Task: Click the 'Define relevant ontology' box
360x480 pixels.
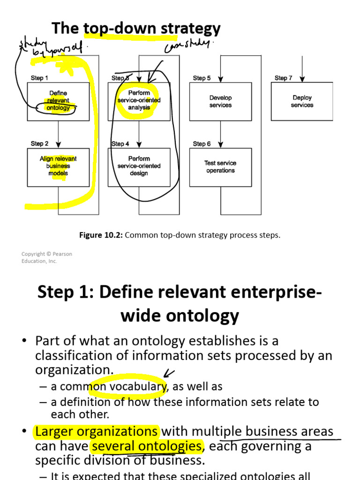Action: coord(58,101)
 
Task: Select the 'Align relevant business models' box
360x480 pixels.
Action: coord(58,166)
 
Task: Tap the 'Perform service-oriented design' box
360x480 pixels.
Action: coord(139,166)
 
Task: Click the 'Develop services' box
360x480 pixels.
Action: coord(220,101)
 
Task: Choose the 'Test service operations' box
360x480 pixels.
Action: coord(220,167)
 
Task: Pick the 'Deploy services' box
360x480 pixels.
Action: coord(302,101)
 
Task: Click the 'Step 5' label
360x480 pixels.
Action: coord(202,78)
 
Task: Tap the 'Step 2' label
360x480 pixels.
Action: coord(40,143)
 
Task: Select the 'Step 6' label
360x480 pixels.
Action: coord(202,144)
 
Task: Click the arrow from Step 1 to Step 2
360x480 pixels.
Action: coord(59,134)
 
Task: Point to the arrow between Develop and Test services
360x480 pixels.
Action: coord(220,134)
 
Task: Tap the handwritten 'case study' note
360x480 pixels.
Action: coord(188,46)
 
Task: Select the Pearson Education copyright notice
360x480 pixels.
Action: coord(46,257)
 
